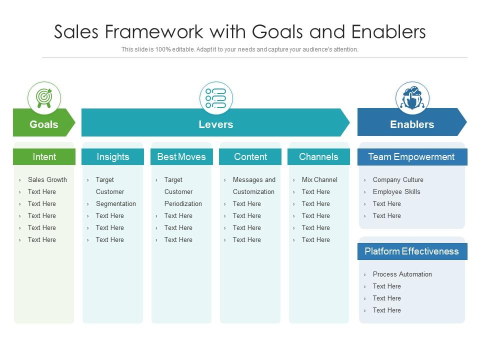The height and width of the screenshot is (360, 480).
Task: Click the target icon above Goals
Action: pos(44,98)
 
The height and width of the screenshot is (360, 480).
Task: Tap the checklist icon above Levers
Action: pos(216,98)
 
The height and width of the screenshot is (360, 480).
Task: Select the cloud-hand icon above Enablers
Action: pos(412,98)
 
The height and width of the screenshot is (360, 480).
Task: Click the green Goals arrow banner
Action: pos(44,124)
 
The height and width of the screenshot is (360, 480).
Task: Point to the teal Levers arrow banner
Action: pos(215,124)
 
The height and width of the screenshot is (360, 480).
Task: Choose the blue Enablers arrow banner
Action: pos(411,124)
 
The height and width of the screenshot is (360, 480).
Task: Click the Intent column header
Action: pos(44,157)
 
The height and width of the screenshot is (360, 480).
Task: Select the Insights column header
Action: pos(112,157)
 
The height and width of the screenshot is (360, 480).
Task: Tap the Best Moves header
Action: pos(181,157)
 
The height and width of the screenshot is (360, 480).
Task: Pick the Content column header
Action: pos(250,157)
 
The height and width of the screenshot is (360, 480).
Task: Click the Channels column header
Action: pos(318,157)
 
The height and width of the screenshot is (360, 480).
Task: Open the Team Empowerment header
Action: pos(411,157)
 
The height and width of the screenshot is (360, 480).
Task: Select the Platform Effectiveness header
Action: pos(411,251)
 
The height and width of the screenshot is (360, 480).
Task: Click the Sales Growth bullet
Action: pos(47,180)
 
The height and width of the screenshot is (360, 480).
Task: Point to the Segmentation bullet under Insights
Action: pos(115,204)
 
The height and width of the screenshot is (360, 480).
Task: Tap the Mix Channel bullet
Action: pos(319,180)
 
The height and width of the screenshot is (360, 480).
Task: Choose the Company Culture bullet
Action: pos(398,180)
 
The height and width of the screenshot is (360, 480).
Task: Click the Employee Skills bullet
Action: pos(396,192)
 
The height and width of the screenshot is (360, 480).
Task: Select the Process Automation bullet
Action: pos(402,274)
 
